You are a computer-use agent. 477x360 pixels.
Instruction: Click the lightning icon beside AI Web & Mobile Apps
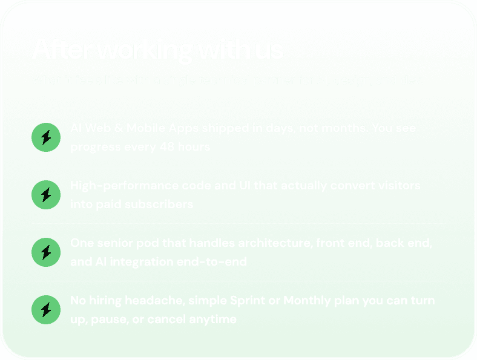[45, 137]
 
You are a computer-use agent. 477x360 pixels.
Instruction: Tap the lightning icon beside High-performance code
[45, 194]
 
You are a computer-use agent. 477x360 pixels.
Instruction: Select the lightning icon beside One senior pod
[45, 252]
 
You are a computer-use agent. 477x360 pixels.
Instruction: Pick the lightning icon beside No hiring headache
[45, 309]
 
